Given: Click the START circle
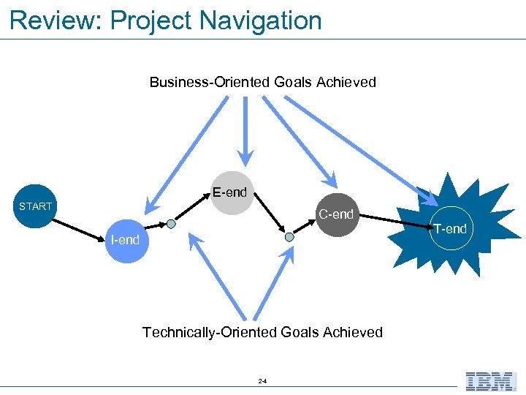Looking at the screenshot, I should click(36, 206).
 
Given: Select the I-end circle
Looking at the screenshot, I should click(126, 239).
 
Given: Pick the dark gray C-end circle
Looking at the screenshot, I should click(335, 214).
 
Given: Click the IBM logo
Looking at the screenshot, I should click(491, 381).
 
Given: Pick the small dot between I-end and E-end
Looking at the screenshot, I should click(170, 224).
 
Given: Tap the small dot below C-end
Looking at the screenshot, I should click(289, 237).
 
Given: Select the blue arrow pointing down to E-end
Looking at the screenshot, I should click(245, 132).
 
